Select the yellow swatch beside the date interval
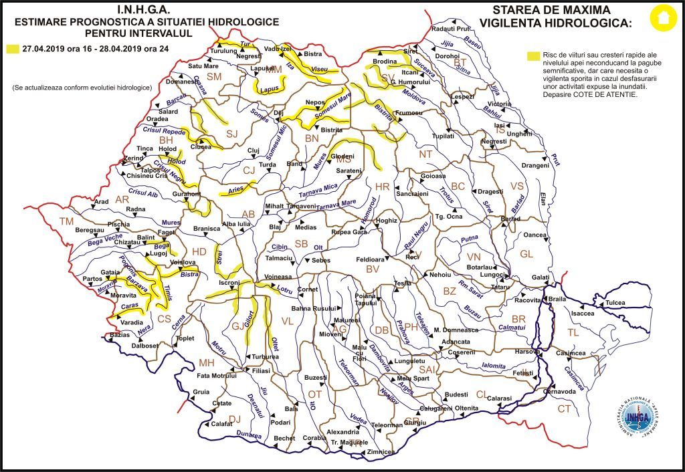pyautogui.click(x=12, y=49)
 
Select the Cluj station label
pyautogui.click(x=252, y=151)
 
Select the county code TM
pyautogui.click(x=66, y=221)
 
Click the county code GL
pyautogui.click(x=527, y=254)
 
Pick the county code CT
pyautogui.click(x=565, y=408)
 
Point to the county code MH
pyautogui.click(x=205, y=362)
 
